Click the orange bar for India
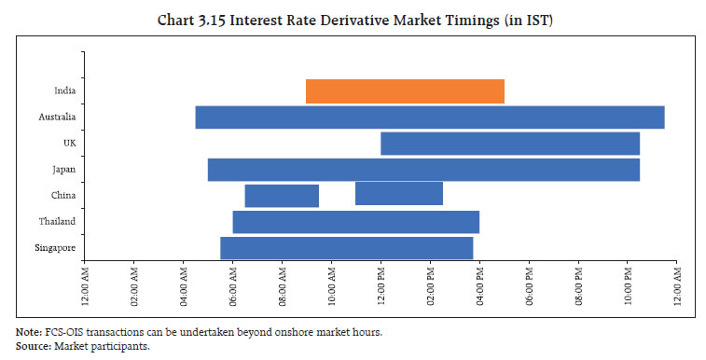click(405, 91)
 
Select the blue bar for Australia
click(429, 118)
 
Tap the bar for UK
click(509, 144)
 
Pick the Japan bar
click(422, 170)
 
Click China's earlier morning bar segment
click(282, 196)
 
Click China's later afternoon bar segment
click(398, 193)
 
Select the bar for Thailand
click(355, 222)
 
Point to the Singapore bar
click(346, 248)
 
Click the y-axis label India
click(64, 91)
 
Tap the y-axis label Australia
click(57, 118)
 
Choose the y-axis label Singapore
click(56, 248)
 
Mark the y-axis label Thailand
click(57, 222)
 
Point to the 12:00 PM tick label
click(381, 289)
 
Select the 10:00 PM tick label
click(628, 289)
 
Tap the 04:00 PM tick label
click(480, 289)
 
